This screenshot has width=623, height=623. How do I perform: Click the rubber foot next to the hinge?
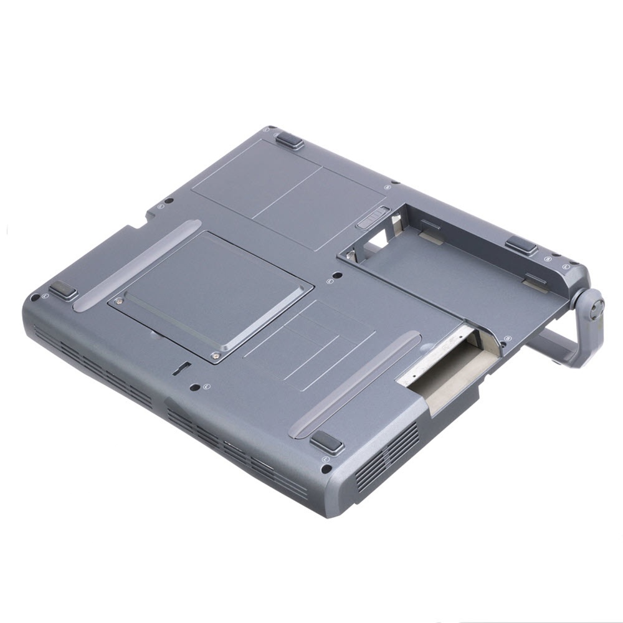click(521, 245)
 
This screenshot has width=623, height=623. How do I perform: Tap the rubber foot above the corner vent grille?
click(326, 443)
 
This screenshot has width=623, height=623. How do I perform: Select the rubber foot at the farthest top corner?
click(290, 141)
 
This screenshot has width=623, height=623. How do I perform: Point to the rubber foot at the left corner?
click(63, 290)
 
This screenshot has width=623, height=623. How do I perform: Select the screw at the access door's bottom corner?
click(215, 356)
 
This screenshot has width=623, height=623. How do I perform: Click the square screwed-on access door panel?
click(211, 293)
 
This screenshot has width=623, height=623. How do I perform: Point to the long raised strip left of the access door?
click(137, 265)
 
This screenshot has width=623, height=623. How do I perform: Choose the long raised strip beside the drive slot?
click(355, 384)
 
